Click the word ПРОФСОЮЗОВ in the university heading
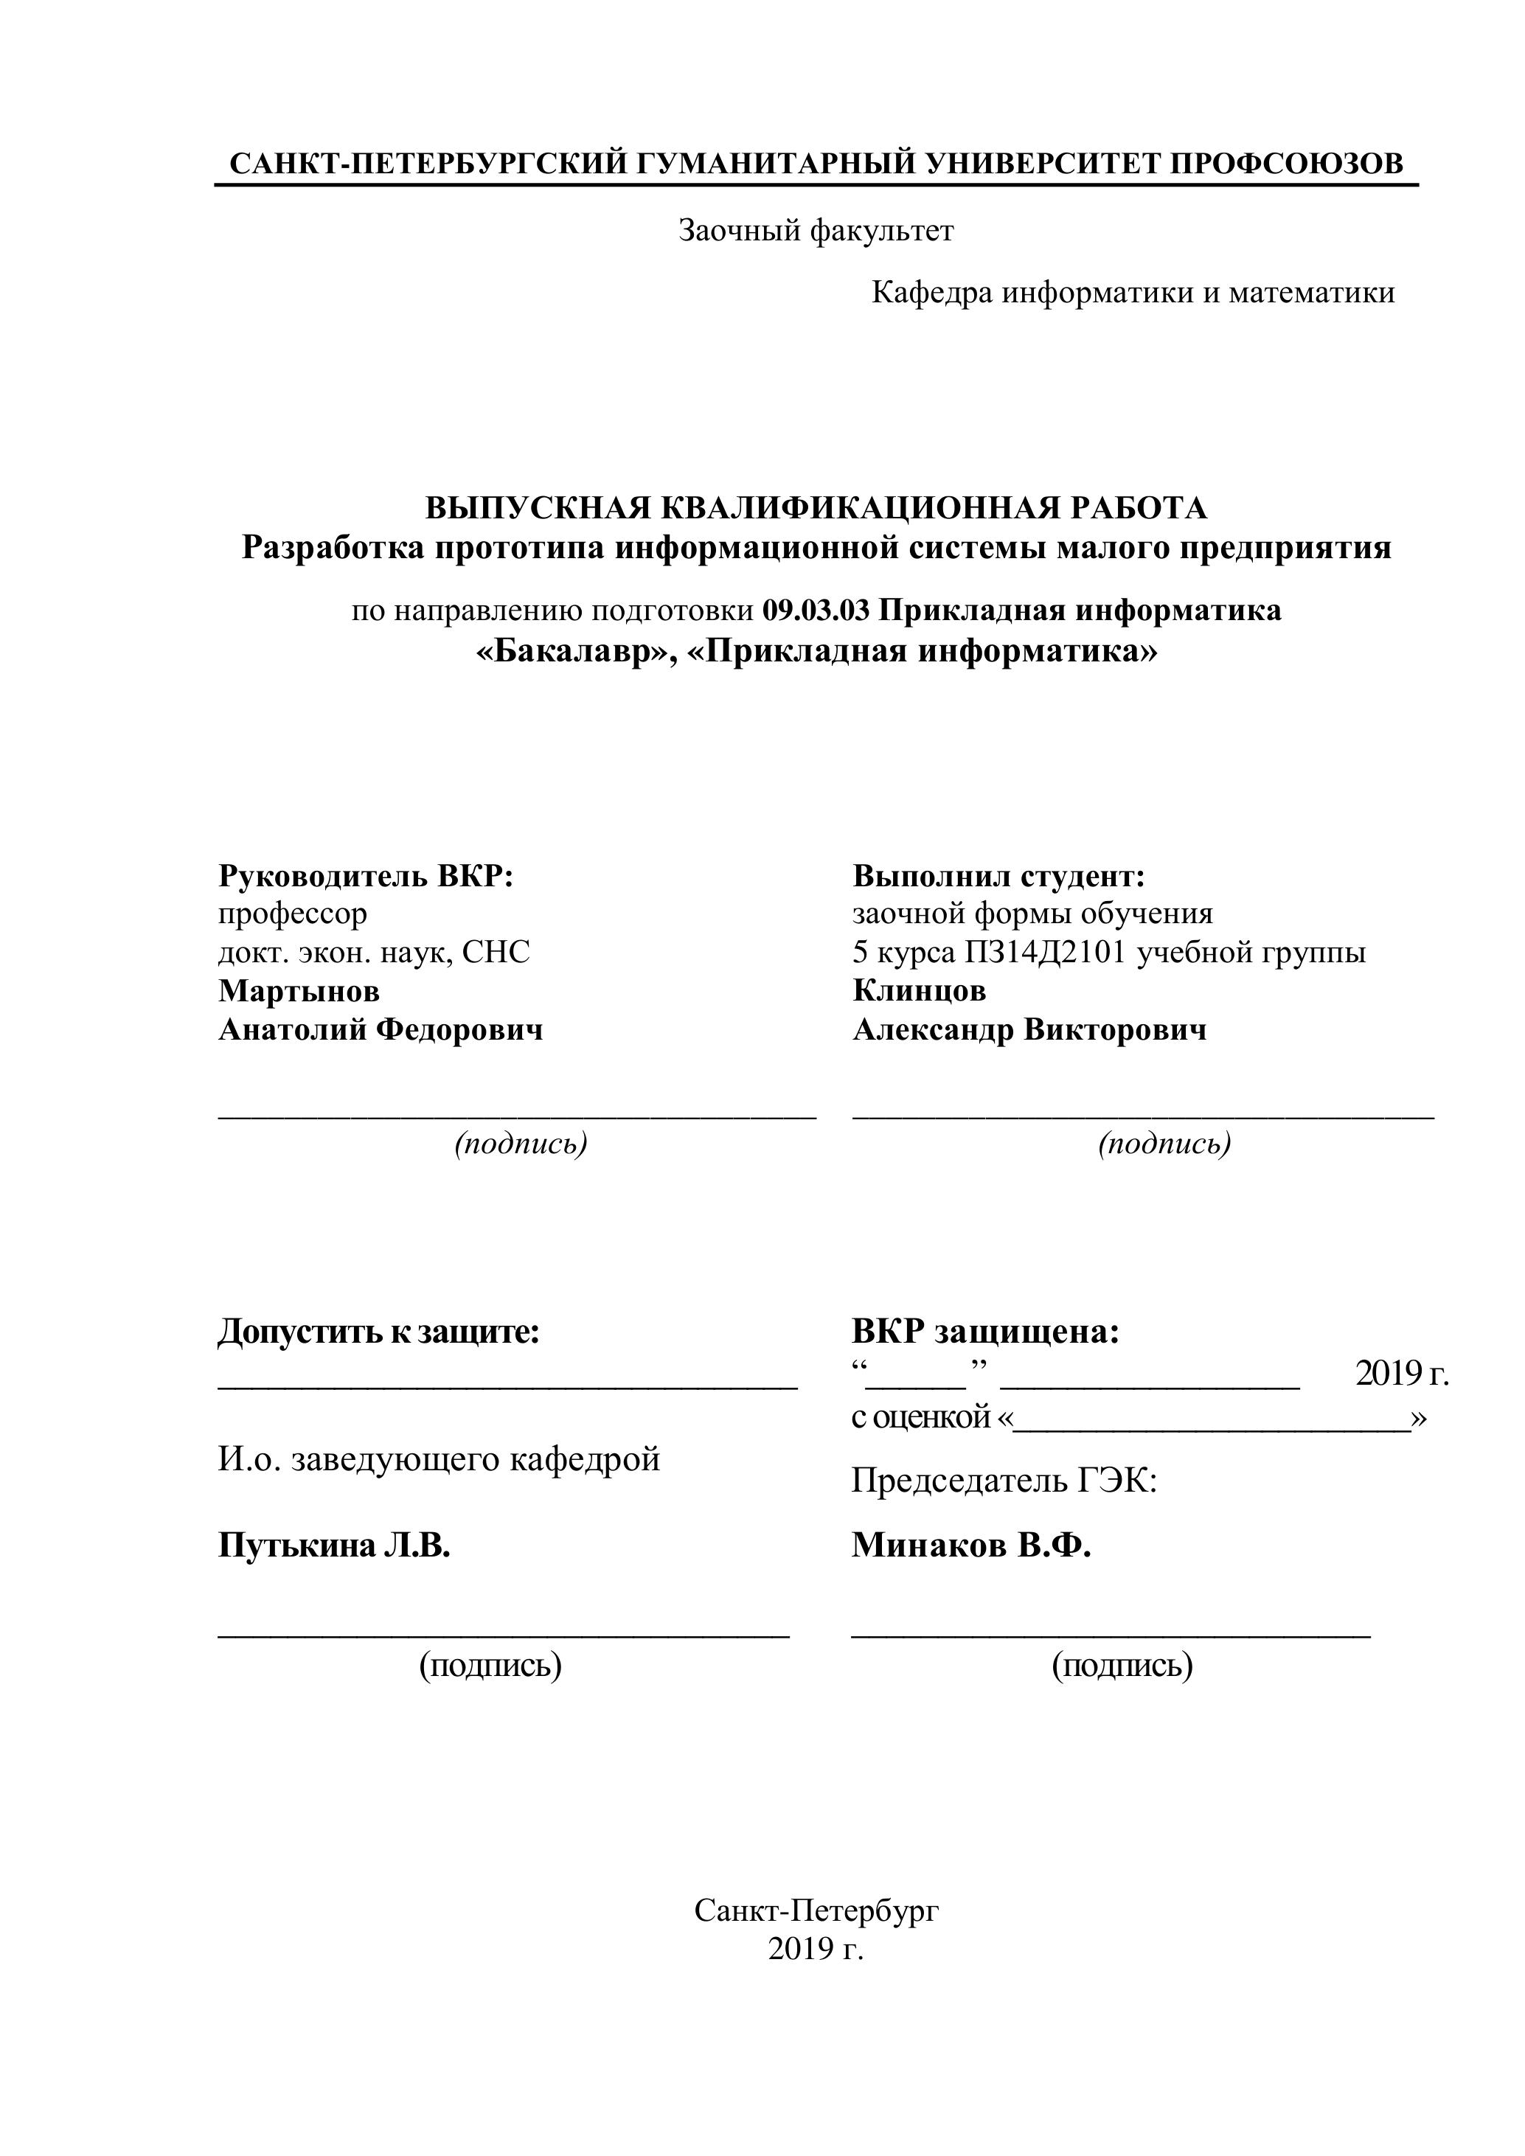coord(1287,164)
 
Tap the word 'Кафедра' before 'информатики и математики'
coord(931,293)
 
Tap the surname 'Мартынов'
coord(299,991)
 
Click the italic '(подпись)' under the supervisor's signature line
coord(521,1144)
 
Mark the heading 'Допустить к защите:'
coord(379,1332)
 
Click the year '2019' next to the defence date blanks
coord(1389,1374)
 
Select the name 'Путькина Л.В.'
coord(334,1545)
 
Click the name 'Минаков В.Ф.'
coord(971,1545)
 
